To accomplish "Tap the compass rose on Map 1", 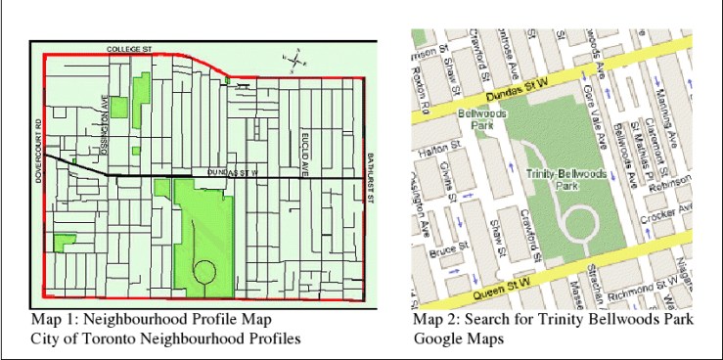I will coord(294,60).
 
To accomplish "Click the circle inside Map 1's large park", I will coord(205,271).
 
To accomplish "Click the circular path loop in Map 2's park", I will coord(578,224).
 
